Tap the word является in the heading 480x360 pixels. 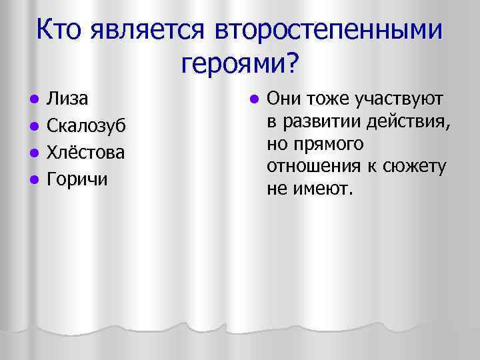pos(153,30)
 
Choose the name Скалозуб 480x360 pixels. pos(85,125)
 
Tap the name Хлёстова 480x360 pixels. pos(85,152)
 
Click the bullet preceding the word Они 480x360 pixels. pos(254,100)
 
